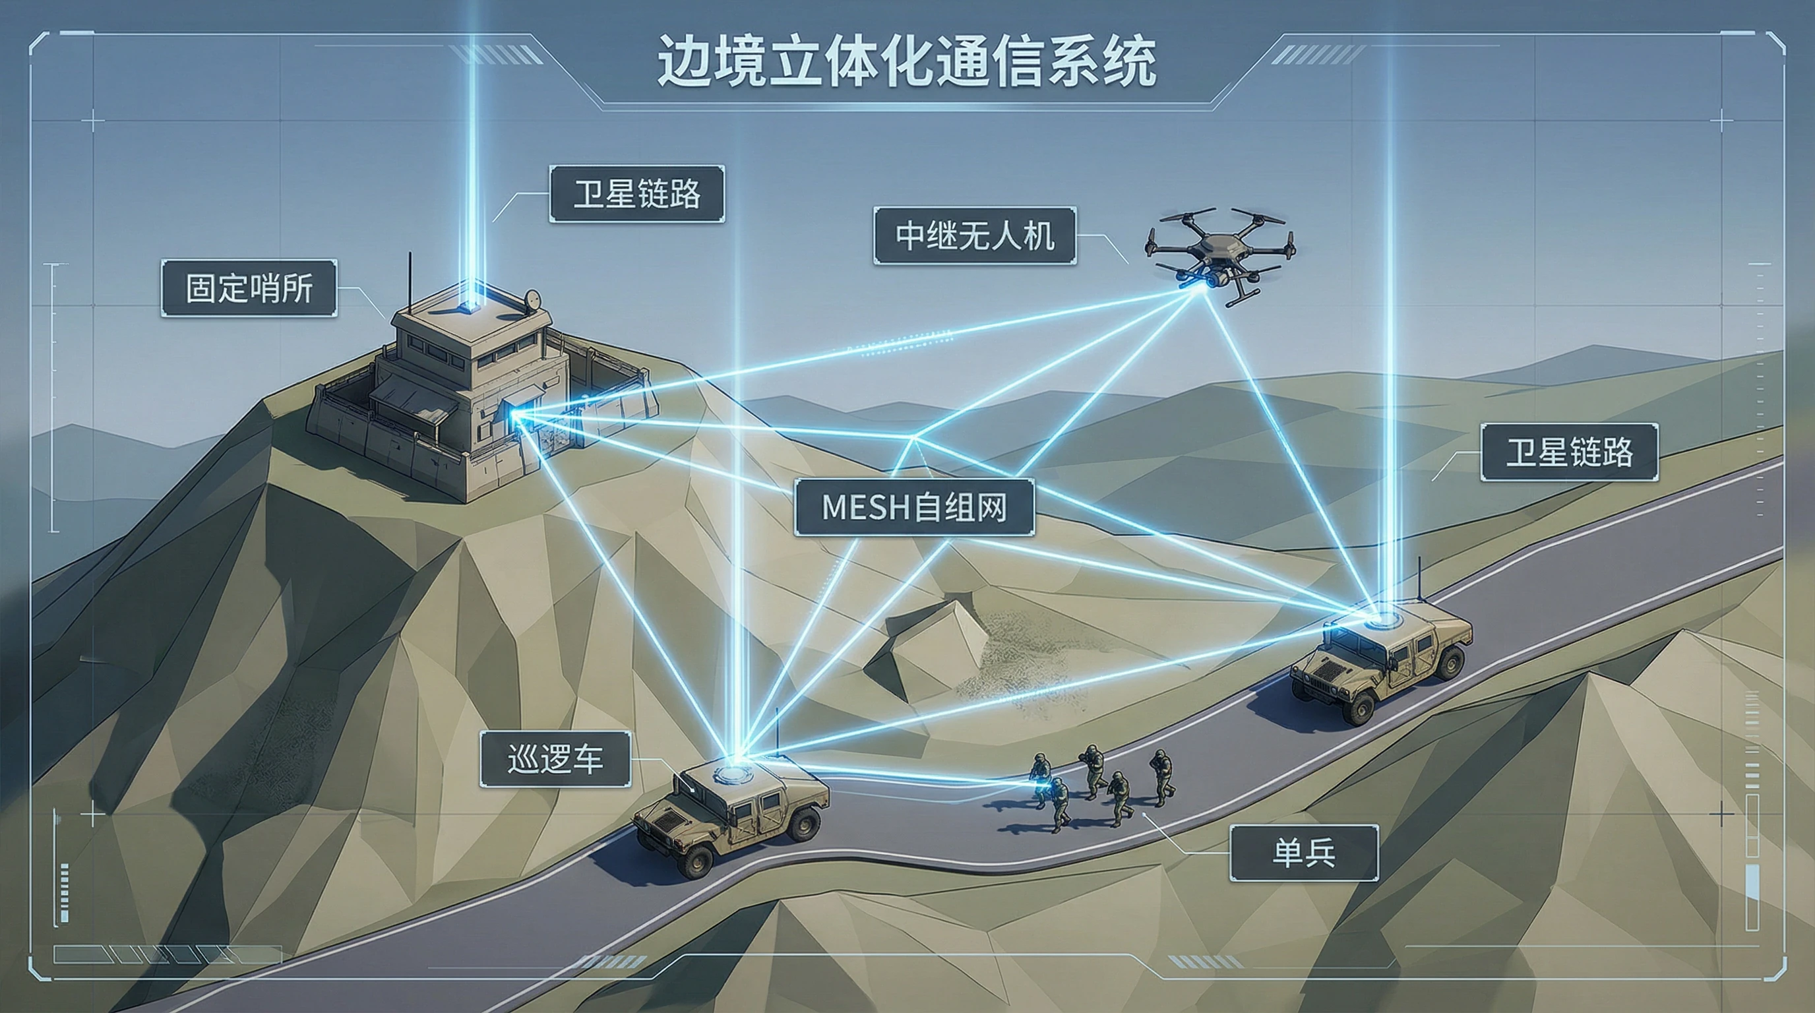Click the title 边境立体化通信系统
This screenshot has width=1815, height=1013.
click(907, 62)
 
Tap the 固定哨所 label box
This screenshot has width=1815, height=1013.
click(249, 288)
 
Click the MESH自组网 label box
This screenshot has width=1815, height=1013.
click(914, 507)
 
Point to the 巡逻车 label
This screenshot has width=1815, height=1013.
click(555, 759)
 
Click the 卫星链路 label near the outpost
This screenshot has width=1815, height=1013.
click(637, 194)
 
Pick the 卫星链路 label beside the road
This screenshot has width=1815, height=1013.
click(1569, 452)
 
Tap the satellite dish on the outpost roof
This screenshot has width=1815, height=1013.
click(534, 301)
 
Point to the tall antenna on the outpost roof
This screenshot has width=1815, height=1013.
click(410, 282)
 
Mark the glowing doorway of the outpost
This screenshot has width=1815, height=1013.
click(513, 415)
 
